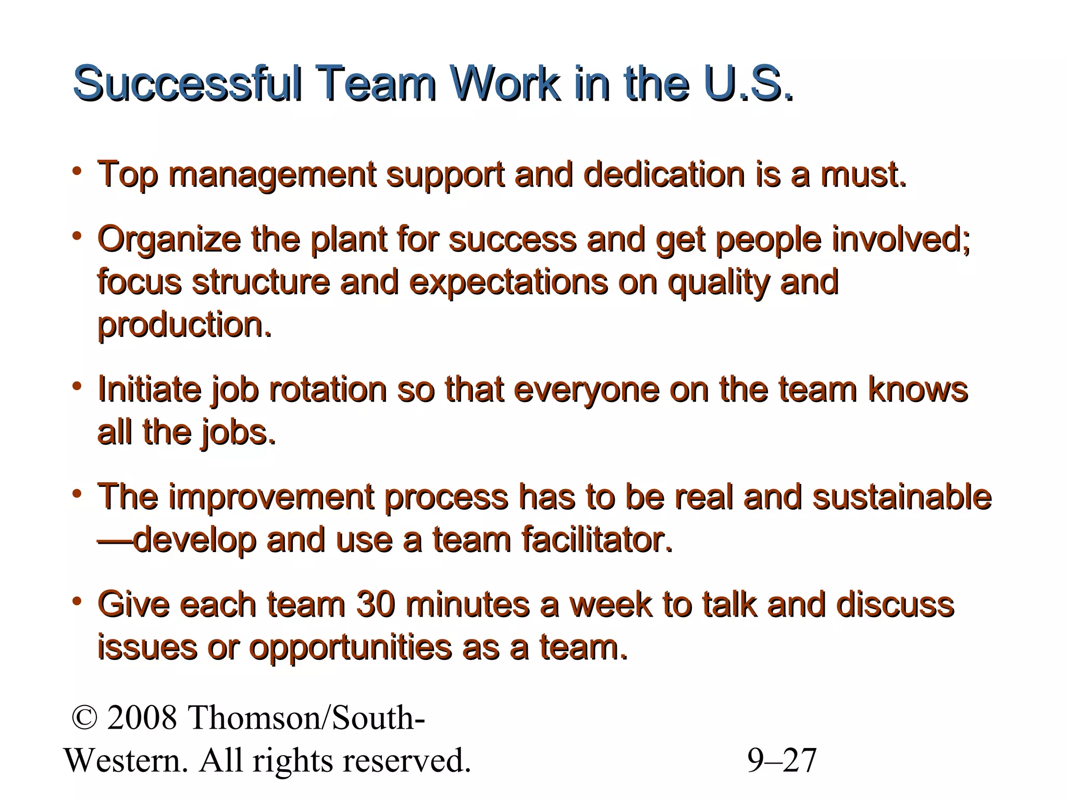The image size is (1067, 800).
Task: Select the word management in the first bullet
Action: coord(272,175)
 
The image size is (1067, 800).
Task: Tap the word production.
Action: coord(184,326)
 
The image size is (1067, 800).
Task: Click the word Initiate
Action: coord(149,390)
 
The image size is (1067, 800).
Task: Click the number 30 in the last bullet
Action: coord(375,605)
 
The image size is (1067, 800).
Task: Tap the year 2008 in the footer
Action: coord(142,718)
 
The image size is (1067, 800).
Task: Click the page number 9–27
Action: coord(781,761)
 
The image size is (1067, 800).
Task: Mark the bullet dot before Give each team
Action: coord(77,602)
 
